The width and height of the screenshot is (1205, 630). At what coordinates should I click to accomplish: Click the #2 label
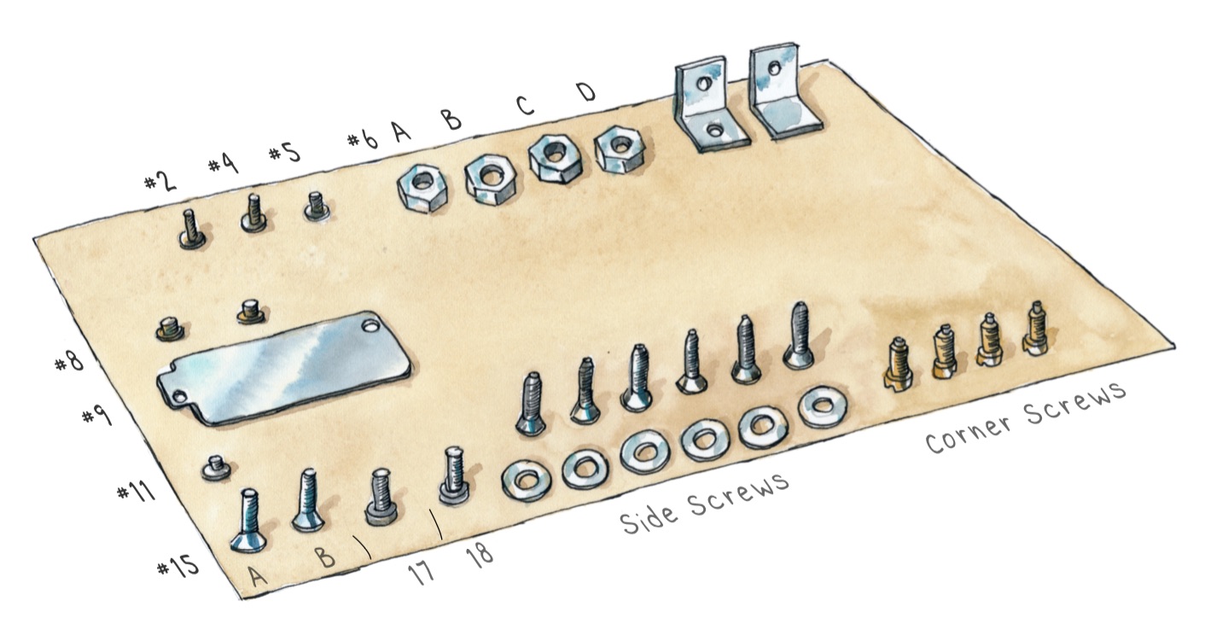pyautogui.click(x=160, y=181)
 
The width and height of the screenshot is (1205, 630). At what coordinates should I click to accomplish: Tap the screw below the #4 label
pyautogui.click(x=253, y=213)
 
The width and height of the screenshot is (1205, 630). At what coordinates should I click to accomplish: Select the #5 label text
pyautogui.click(x=284, y=152)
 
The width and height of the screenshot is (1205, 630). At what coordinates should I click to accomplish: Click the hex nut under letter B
pyautogui.click(x=490, y=179)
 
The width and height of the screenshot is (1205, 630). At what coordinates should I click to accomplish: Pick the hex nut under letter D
pyautogui.click(x=620, y=149)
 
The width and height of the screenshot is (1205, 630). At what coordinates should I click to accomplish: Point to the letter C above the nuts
pyautogui.click(x=525, y=105)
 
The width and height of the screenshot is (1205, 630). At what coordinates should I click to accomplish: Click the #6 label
pyautogui.click(x=363, y=139)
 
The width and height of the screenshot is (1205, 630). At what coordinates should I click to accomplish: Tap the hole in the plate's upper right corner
pyautogui.click(x=370, y=325)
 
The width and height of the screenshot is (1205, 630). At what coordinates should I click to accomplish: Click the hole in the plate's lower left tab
pyautogui.click(x=178, y=397)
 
